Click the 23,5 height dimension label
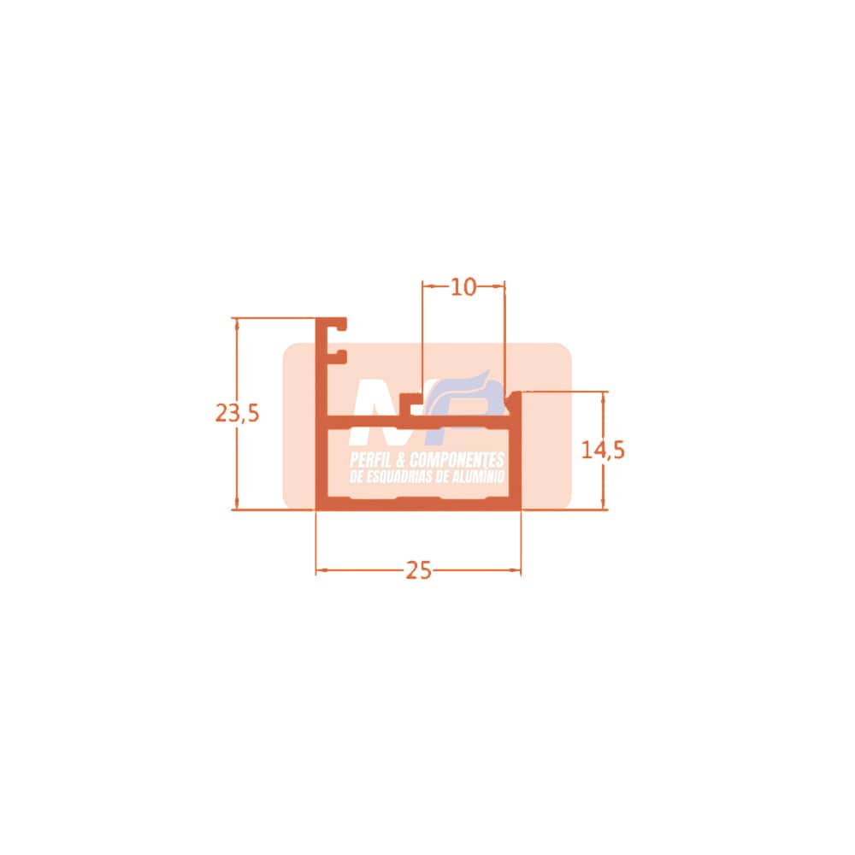237,413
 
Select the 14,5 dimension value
603,451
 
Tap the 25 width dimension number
419,570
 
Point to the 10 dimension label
463,286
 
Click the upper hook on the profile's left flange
338,324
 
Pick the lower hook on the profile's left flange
338,357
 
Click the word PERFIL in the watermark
368,460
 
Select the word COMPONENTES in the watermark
457,460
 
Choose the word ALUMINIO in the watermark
478,477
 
